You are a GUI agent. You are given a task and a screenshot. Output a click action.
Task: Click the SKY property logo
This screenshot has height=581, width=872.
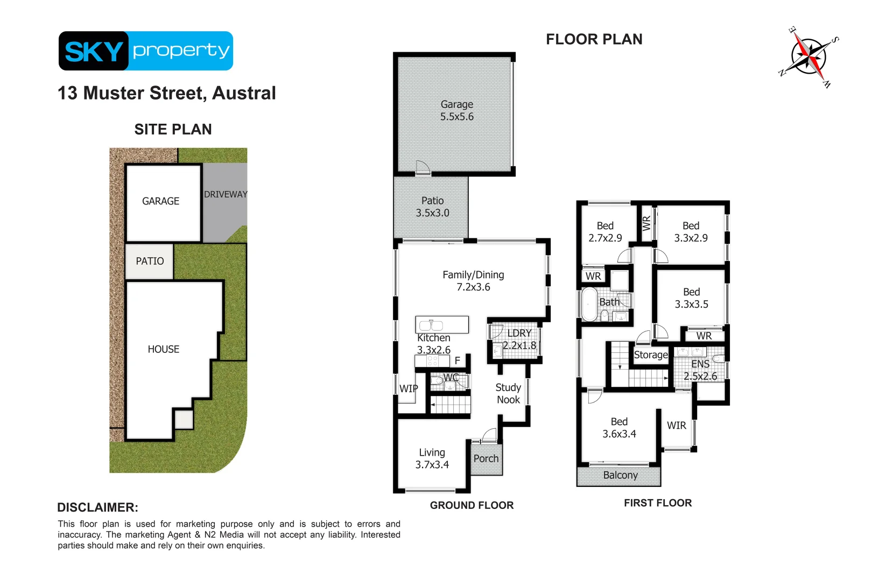[145, 51]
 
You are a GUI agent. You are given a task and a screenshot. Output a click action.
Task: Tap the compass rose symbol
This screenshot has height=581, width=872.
[808, 56]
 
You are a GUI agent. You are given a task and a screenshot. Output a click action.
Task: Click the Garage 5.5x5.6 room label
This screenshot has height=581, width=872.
[456, 110]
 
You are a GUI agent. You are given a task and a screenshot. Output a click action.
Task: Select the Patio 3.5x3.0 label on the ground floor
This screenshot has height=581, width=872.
[432, 207]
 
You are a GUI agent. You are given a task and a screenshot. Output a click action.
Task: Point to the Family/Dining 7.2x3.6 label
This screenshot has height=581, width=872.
[473, 281]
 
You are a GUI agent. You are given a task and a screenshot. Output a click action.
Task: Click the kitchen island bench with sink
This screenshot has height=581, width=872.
[441, 324]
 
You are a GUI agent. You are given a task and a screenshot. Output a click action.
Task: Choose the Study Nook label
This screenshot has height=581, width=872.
[508, 393]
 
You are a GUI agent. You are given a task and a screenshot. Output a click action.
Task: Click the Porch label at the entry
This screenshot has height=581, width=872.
[486, 458]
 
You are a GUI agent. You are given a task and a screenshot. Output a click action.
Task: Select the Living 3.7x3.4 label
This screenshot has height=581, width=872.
[432, 458]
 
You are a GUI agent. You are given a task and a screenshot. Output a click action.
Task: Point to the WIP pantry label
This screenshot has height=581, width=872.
[409, 388]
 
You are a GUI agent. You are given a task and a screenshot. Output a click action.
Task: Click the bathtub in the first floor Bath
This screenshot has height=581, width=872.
[589, 304]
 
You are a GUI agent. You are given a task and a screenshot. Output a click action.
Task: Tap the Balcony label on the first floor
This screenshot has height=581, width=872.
[620, 475]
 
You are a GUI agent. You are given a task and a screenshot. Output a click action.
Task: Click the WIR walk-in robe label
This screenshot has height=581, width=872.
[676, 425]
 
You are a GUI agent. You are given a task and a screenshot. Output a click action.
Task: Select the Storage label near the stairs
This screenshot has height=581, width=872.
[650, 355]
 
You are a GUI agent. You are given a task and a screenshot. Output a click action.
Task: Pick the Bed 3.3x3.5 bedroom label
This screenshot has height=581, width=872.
[691, 298]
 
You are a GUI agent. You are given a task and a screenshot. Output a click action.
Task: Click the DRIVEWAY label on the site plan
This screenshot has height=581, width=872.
[226, 194]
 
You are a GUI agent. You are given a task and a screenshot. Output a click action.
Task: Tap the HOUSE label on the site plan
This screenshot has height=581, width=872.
[163, 349]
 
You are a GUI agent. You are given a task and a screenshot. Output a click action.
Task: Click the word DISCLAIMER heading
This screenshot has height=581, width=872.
[97, 507]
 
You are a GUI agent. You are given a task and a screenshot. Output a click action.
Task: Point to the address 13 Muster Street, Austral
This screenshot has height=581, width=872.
[166, 93]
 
